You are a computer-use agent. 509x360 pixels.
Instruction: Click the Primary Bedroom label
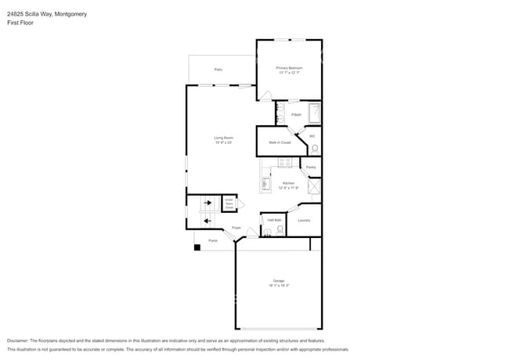coord(289,68)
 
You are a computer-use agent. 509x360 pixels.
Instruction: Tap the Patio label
coord(218,70)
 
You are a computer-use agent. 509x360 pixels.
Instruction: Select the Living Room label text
coord(224,138)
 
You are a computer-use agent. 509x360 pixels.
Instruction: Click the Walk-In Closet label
coord(280,142)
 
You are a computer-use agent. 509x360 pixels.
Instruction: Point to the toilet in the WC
coord(315,149)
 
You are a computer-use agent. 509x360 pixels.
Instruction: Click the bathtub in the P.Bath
coord(315,113)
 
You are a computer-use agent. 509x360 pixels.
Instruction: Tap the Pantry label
coord(311,167)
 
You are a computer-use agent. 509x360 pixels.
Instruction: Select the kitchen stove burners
coord(284,163)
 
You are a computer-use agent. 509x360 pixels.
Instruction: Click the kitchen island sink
coord(265,184)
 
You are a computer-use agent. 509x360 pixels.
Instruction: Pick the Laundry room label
coord(304,220)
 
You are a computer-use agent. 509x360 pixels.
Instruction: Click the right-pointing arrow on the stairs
coord(208,203)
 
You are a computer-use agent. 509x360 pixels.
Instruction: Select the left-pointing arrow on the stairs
coord(208,221)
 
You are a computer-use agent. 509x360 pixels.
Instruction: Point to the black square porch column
coord(197,247)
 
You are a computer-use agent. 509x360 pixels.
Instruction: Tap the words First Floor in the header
coord(20,23)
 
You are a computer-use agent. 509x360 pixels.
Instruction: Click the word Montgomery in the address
coord(71,14)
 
